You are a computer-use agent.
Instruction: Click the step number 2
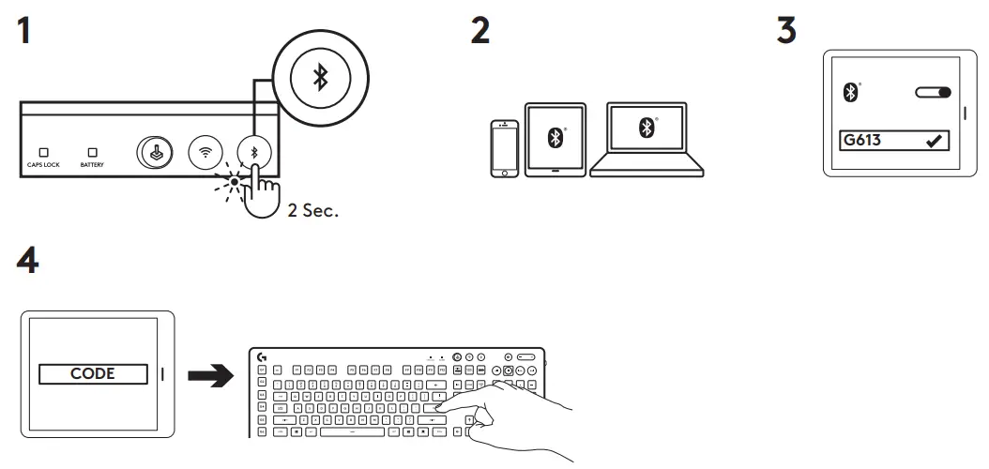click(x=479, y=30)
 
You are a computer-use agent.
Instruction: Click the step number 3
click(x=786, y=30)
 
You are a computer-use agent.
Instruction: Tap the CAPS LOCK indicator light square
click(x=42, y=151)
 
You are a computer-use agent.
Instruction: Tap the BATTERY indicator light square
click(x=92, y=151)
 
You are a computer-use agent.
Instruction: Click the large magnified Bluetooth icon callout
click(x=320, y=78)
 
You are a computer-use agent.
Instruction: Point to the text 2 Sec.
click(x=312, y=211)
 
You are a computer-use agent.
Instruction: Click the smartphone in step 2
click(x=505, y=148)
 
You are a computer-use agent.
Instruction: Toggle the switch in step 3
click(x=932, y=93)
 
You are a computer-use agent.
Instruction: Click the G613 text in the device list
click(x=861, y=141)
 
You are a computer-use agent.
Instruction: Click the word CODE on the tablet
click(x=92, y=373)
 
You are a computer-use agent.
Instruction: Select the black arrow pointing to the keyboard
click(x=210, y=375)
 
